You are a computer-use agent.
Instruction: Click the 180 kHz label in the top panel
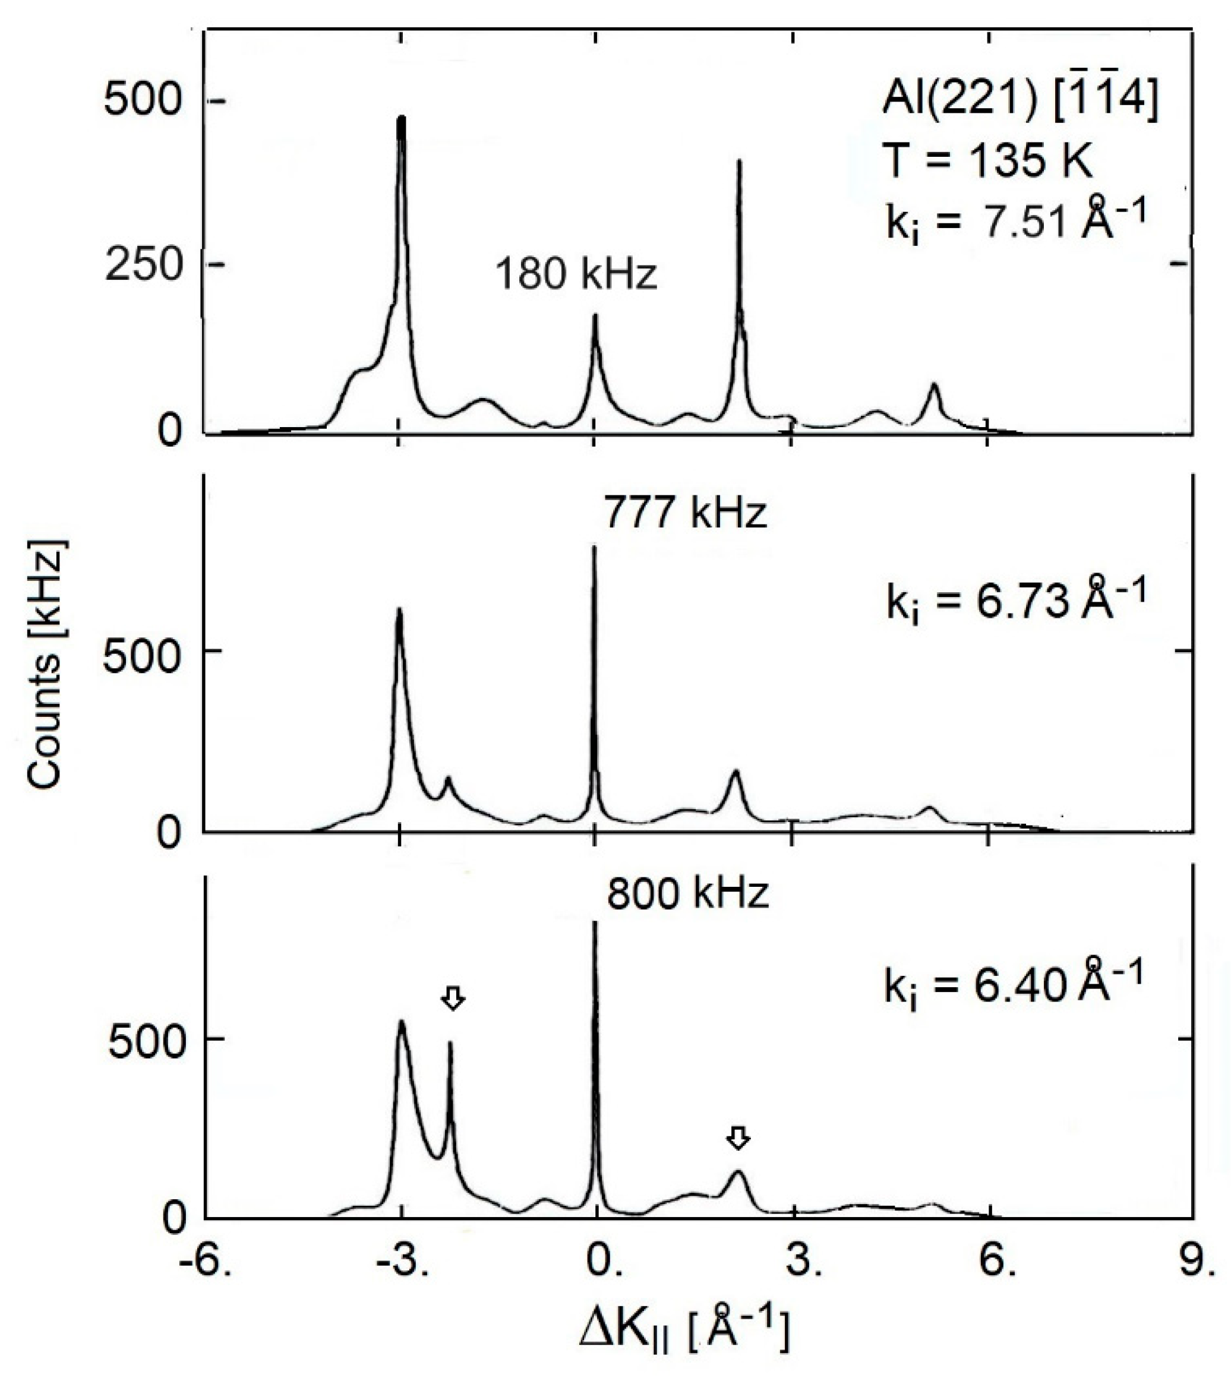point(576,274)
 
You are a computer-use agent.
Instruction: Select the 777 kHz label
point(684,513)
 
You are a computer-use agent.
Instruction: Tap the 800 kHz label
point(687,894)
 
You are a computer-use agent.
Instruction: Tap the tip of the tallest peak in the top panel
point(402,118)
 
